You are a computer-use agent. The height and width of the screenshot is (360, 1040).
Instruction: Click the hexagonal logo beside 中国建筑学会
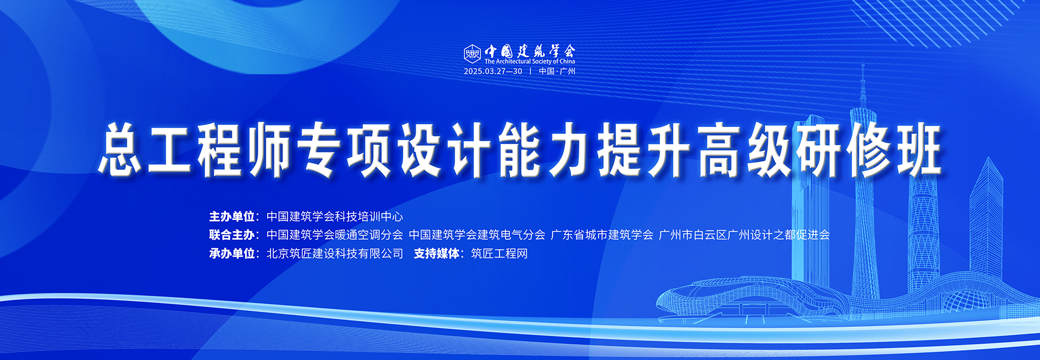click(472, 54)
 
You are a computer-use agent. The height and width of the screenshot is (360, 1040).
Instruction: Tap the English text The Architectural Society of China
click(530, 62)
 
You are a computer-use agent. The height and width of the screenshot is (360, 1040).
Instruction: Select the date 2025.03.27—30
click(493, 71)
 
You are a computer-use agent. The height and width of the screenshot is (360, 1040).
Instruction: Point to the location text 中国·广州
click(557, 71)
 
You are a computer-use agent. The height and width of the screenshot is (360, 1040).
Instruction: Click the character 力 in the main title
click(570, 149)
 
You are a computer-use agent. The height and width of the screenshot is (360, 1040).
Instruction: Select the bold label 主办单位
click(231, 216)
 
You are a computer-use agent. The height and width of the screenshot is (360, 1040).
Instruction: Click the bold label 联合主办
click(231, 235)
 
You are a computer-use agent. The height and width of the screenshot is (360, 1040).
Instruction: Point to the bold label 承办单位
click(231, 253)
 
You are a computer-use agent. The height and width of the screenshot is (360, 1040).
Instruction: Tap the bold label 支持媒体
click(436, 253)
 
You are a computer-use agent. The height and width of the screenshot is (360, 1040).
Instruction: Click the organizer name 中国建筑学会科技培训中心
click(335, 216)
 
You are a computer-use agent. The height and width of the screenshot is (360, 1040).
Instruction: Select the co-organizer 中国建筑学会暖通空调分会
click(335, 235)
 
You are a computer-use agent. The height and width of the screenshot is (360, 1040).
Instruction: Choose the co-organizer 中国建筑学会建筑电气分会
click(477, 235)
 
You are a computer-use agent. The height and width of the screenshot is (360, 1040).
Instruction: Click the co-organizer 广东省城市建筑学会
click(602, 235)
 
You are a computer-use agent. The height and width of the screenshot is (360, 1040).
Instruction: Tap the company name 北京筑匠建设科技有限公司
click(335, 253)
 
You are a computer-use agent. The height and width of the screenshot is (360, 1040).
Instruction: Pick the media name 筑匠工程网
click(499, 253)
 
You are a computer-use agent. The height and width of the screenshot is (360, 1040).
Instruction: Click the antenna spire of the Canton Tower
click(863, 85)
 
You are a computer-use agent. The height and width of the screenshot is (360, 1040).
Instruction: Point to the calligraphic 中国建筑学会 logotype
click(530, 51)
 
